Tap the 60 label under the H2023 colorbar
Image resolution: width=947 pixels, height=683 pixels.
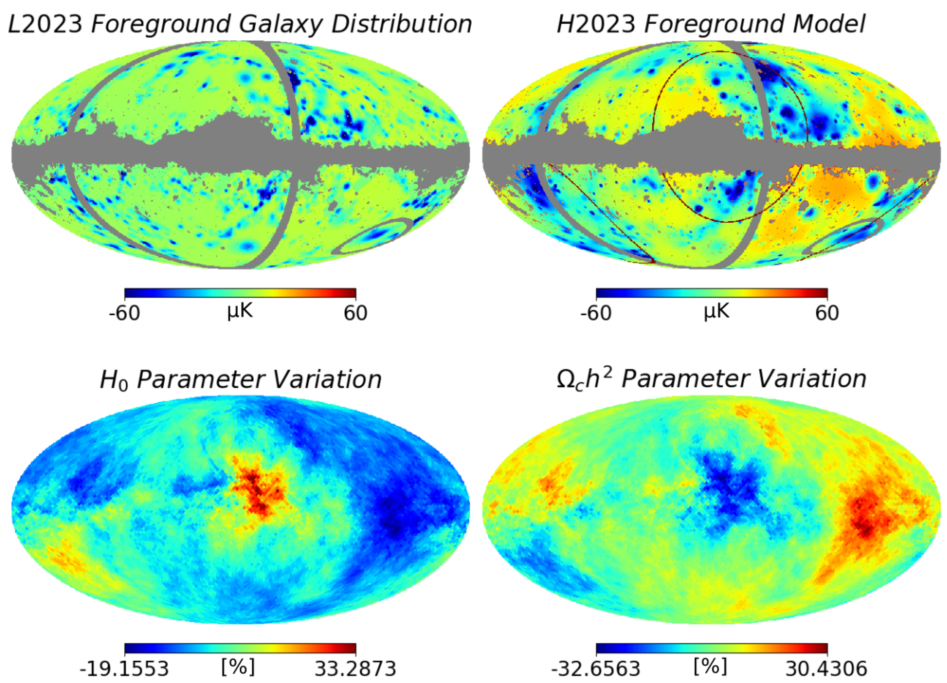pyautogui.click(x=827, y=313)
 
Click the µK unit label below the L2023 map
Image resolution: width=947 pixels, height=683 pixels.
pyautogui.click(x=240, y=311)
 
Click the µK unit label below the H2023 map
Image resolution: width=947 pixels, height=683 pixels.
pyautogui.click(x=717, y=311)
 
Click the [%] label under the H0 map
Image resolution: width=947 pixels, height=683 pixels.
pyautogui.click(x=238, y=667)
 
